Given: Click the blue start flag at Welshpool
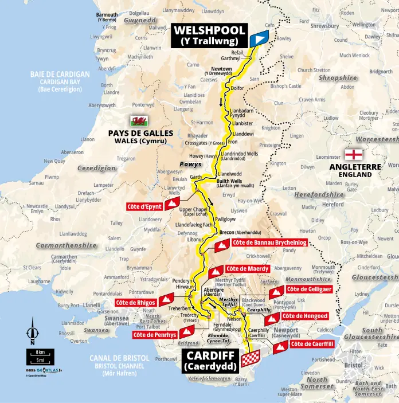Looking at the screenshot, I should click(259, 39).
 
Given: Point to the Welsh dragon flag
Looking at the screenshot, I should click(138, 120).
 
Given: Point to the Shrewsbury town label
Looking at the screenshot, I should click(325, 25).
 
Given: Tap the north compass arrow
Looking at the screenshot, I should click(33, 332).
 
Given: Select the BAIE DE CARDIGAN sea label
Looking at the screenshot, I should click(60, 75).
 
